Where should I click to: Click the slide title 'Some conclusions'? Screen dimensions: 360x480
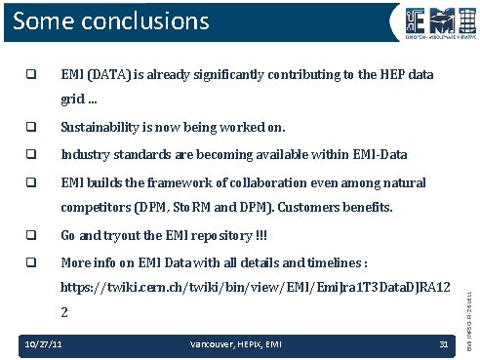[x=111, y=20]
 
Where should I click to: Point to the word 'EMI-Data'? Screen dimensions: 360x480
[x=380, y=154]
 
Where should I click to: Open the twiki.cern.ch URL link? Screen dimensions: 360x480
[x=255, y=289]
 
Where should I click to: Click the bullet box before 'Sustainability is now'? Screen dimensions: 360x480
[x=32, y=127]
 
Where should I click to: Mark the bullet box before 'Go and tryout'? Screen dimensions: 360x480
[x=32, y=236]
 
